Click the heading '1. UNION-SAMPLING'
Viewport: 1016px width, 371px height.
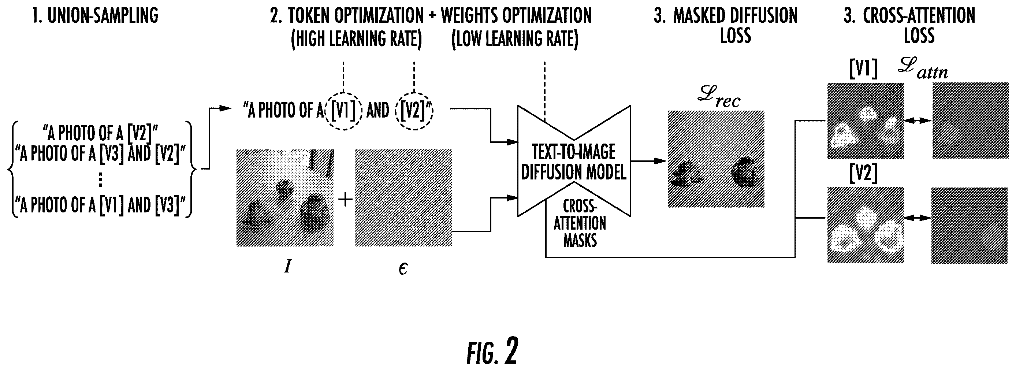coord(95,16)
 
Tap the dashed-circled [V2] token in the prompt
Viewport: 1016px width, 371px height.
coord(414,111)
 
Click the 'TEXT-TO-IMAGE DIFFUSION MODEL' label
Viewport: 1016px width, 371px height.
coord(574,162)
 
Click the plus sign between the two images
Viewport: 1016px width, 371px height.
coord(345,200)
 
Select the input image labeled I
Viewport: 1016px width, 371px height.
coord(285,198)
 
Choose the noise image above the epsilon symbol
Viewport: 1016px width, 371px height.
coord(403,198)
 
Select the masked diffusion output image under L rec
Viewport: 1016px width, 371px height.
coord(716,159)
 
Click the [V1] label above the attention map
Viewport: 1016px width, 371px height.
coord(863,70)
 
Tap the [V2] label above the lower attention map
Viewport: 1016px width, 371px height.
coord(863,174)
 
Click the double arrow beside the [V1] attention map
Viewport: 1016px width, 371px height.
coord(918,121)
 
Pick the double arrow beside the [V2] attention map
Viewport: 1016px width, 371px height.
coord(918,218)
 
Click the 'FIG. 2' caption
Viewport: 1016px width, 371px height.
coord(492,351)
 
